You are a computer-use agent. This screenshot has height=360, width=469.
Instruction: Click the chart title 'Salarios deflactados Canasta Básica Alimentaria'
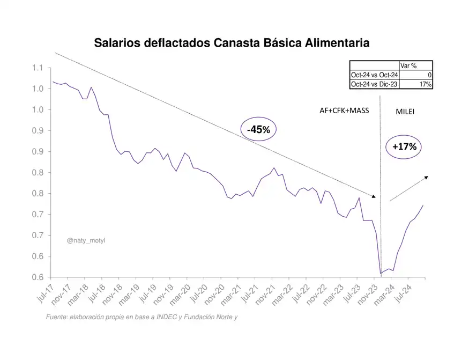tap(232, 43)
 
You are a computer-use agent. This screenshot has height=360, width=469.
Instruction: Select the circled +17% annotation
tap(404, 146)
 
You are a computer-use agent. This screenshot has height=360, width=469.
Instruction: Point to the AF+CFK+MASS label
tap(344, 110)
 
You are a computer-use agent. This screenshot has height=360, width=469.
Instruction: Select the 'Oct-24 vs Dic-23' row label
tap(374, 84)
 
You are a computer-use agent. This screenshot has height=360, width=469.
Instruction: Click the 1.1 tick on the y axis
tap(37, 68)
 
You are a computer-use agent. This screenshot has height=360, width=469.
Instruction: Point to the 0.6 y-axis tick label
tap(37, 277)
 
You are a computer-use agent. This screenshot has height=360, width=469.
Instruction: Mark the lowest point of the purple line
tap(381, 274)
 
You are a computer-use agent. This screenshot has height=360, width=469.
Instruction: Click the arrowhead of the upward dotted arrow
tap(427, 177)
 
